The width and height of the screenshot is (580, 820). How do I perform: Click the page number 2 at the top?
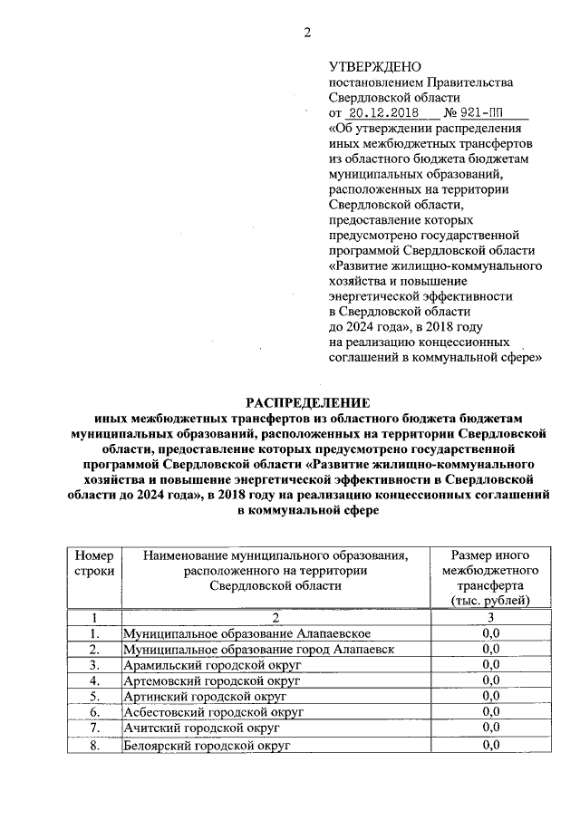(307, 34)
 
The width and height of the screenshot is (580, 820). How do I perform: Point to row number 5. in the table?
(92, 696)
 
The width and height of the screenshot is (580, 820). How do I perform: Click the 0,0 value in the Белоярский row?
(491, 745)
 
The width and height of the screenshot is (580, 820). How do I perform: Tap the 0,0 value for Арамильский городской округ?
(491, 664)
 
